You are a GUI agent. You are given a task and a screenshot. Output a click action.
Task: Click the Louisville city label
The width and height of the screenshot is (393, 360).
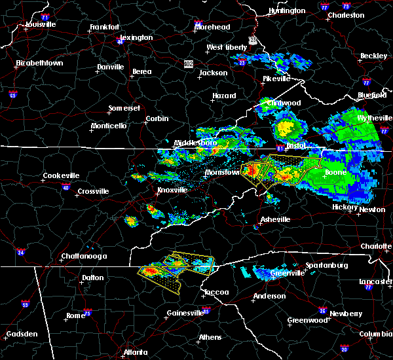tap(41, 25)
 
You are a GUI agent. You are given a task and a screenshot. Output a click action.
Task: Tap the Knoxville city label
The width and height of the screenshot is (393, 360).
tap(172, 190)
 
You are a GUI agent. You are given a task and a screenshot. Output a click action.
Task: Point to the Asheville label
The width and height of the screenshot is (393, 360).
tap(275, 219)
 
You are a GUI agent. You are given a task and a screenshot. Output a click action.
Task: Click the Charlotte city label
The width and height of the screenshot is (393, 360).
tap(376, 246)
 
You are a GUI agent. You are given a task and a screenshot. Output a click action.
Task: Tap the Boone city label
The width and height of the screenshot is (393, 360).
tap(336, 173)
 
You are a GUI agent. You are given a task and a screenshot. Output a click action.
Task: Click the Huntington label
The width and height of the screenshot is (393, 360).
tap(287, 11)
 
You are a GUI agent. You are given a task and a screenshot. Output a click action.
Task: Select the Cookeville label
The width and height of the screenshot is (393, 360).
tap(61, 175)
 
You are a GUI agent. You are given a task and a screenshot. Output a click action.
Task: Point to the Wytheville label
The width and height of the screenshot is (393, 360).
tap(373, 118)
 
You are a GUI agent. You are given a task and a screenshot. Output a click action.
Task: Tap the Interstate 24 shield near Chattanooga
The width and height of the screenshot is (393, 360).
tap(21, 252)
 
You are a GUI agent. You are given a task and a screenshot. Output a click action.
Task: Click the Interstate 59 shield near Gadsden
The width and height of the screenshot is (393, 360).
tap(26, 304)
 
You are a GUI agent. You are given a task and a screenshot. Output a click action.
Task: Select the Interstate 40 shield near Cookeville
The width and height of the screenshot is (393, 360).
tap(65, 187)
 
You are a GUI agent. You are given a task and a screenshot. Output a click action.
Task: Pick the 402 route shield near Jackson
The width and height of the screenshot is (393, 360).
tap(189, 63)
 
